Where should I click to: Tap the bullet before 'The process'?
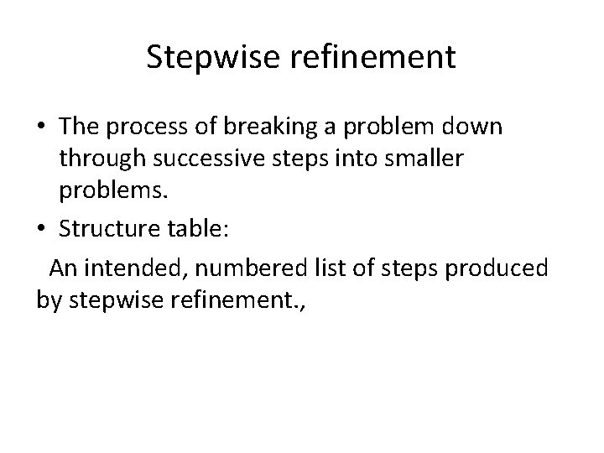click(41, 128)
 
